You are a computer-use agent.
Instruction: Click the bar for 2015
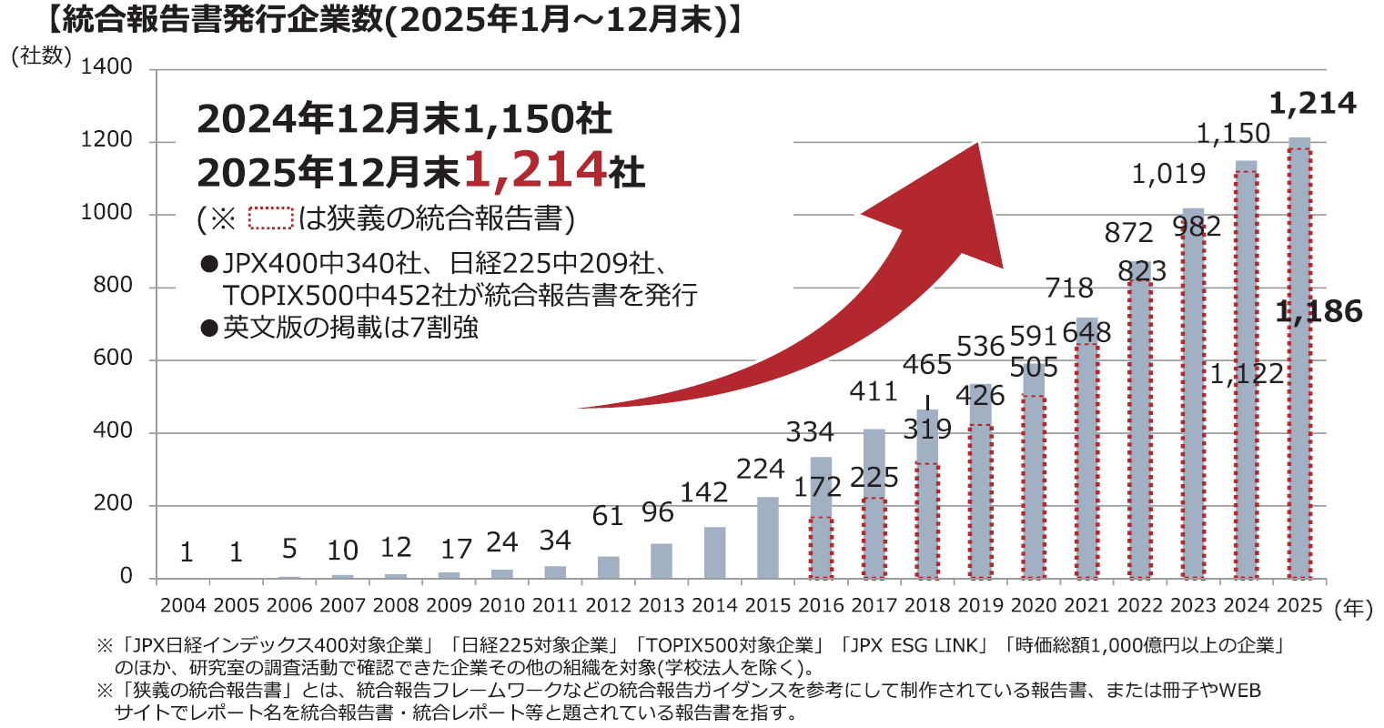point(768,538)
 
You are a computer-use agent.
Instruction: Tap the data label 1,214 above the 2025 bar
point(1312,105)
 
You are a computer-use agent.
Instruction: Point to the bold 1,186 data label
point(1318,312)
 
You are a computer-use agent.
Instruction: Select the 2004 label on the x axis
point(183,605)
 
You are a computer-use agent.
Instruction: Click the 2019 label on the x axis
point(980,605)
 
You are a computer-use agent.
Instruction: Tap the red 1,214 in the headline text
point(535,169)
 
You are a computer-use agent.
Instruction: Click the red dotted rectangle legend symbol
point(270,218)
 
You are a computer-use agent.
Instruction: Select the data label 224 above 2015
point(761,470)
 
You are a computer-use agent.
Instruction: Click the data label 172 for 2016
point(818,487)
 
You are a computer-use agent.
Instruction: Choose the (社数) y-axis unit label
point(41,56)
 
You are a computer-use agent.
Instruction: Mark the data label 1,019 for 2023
point(1168,174)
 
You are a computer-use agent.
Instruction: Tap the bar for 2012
point(608,567)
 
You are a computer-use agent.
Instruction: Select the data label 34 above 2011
point(554,541)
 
